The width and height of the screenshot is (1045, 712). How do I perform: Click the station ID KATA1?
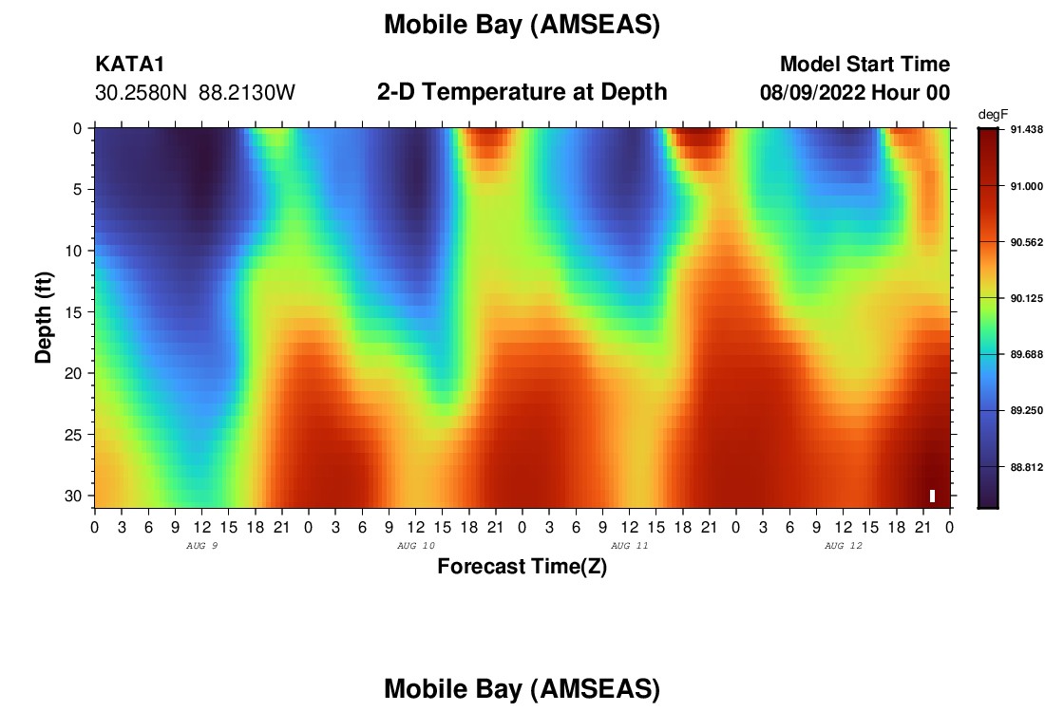(129, 64)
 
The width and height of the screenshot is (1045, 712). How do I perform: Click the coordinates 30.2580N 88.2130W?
(195, 92)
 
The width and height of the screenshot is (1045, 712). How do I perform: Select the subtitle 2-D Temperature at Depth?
(522, 91)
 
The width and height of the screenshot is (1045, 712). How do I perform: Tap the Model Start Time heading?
(864, 64)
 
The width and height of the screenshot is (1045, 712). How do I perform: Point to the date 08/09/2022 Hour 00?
(854, 92)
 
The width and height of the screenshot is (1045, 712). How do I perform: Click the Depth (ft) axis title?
(44, 317)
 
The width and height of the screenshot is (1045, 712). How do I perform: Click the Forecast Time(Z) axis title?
(522, 566)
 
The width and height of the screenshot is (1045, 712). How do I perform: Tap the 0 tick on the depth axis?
(78, 128)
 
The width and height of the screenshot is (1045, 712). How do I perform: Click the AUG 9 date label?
(202, 546)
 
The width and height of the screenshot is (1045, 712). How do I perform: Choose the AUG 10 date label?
(416, 546)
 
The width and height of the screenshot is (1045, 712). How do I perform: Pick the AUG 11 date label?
(629, 546)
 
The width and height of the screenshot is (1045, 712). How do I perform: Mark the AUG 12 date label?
(843, 546)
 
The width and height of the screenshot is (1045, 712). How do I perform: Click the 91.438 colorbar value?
(1026, 130)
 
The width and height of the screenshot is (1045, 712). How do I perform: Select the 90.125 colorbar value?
(1026, 298)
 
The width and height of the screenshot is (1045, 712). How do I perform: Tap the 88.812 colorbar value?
(1026, 468)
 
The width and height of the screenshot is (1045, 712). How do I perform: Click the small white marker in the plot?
(932, 496)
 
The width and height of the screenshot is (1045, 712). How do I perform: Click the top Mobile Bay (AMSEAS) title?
(522, 25)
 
